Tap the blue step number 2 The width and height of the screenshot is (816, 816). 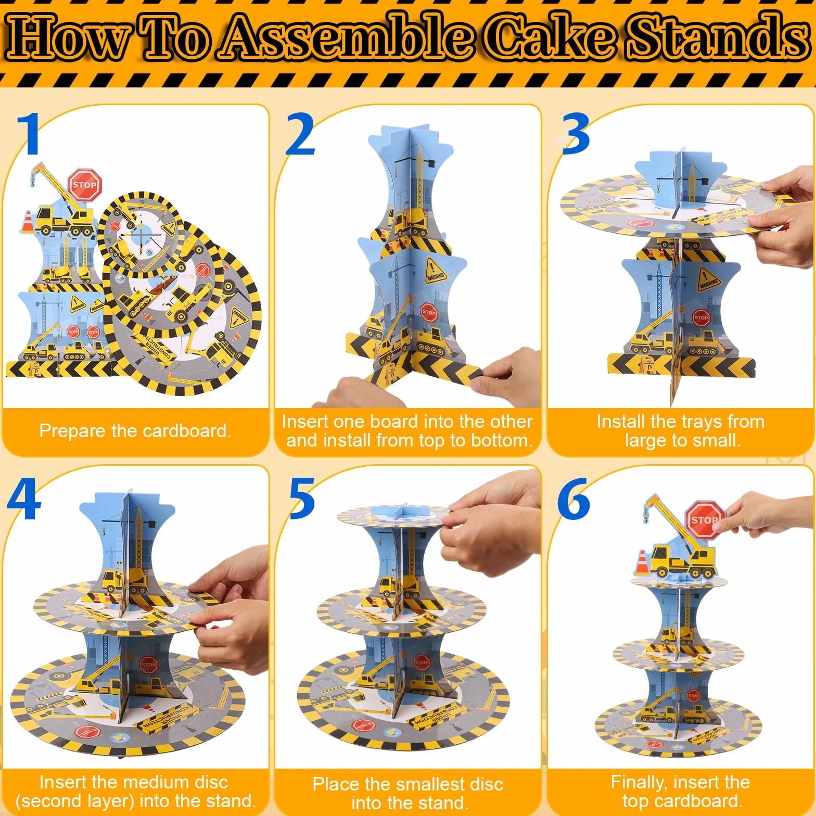(x=300, y=134)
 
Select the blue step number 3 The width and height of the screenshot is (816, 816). (x=576, y=134)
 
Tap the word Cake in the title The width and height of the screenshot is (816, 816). (x=553, y=37)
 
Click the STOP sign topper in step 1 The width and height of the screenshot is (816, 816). (x=84, y=184)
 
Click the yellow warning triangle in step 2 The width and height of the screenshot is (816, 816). (x=435, y=270)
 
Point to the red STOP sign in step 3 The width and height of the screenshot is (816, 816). (x=701, y=317)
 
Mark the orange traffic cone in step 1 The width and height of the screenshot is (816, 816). (x=28, y=221)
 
